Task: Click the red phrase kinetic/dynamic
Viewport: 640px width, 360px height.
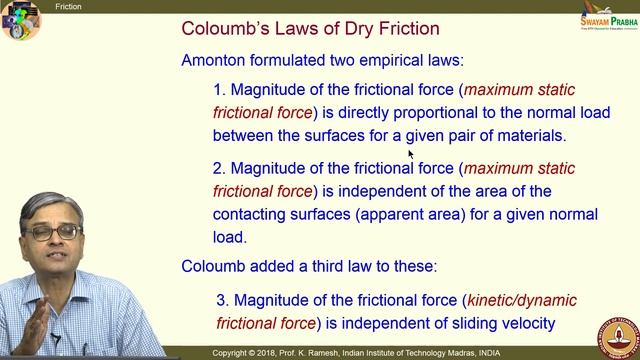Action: [523, 300]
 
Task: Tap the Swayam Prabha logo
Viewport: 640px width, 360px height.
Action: [606, 26]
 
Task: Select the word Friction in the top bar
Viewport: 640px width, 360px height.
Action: [69, 6]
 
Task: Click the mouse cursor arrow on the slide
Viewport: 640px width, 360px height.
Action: [410, 153]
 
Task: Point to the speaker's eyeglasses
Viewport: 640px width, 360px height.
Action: [54, 232]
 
